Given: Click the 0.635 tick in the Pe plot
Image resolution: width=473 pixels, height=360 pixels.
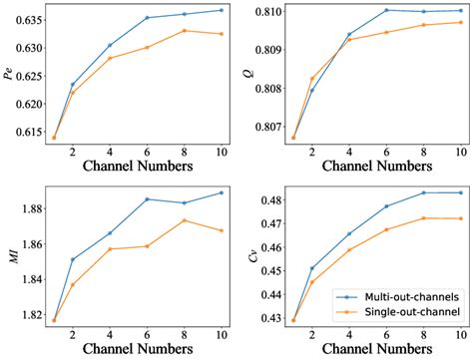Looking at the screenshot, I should click(x=22, y=19).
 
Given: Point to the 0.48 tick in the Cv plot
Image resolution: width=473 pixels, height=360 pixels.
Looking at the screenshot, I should click(x=265, y=201).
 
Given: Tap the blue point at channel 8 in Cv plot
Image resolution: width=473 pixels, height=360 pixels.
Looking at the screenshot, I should click(x=423, y=192).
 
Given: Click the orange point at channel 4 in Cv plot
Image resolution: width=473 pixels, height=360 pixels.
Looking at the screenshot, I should click(x=349, y=249).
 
